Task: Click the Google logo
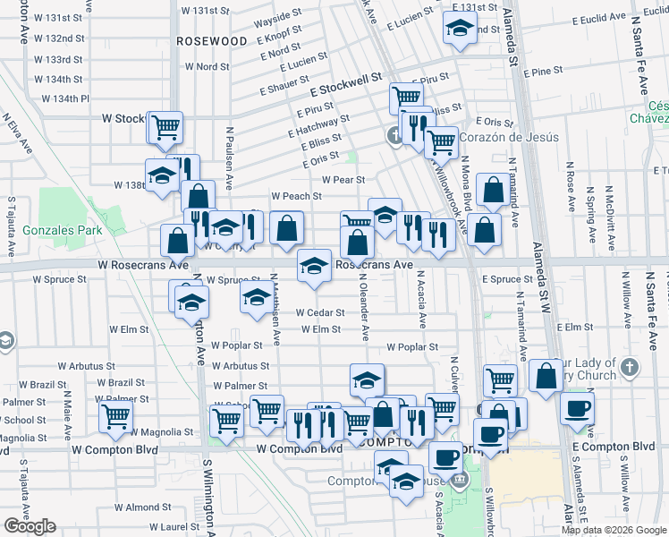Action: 30,526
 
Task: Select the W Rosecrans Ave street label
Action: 144,265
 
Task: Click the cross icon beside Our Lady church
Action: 630,367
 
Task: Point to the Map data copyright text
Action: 614,530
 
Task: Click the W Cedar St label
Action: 320,312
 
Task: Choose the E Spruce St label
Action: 507,279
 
